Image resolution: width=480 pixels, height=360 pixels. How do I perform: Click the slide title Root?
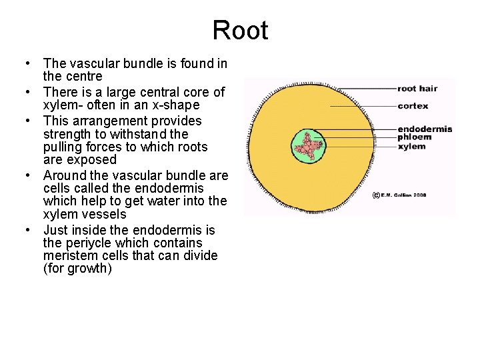(x=240, y=31)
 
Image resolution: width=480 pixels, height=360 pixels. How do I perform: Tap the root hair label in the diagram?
(x=417, y=89)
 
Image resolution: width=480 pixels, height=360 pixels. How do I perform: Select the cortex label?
(x=413, y=106)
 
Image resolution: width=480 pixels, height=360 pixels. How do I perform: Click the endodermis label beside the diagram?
(x=425, y=129)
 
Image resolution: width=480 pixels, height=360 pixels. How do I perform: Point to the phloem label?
(x=414, y=137)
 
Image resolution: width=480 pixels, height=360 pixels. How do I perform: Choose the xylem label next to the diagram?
(x=411, y=146)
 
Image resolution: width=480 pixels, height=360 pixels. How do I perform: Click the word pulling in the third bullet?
(x=63, y=147)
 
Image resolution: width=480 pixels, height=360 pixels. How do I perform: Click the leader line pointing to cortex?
(x=363, y=106)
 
